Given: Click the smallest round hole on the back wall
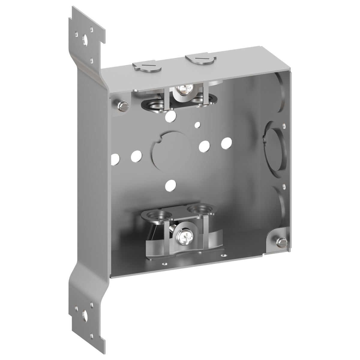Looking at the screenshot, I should (x=197, y=124).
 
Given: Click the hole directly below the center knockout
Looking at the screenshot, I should (x=171, y=183).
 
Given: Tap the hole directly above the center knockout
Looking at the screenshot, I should (x=171, y=115).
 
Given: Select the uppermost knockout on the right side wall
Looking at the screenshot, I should (x=277, y=84).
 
